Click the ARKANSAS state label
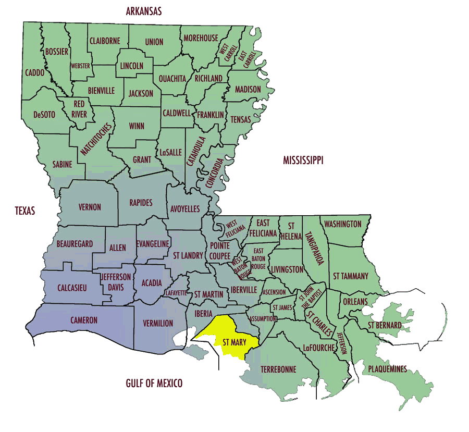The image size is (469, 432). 144,11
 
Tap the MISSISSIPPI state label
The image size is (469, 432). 303,161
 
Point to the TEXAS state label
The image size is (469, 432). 25,211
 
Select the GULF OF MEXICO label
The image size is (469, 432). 154,384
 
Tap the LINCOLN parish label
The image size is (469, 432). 132,66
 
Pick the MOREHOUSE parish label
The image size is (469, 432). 201,38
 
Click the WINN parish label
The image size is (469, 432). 137,126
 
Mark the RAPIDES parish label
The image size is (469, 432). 141,202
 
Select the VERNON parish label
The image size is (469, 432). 90,207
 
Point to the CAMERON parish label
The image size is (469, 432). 84,320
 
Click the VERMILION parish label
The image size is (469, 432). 158,323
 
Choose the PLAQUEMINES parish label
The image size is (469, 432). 387,369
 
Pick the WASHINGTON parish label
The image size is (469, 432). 342,224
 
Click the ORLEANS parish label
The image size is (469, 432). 355,302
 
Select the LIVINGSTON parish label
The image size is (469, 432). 287,269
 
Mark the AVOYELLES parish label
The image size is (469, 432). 185,209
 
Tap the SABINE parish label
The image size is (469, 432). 62,164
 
